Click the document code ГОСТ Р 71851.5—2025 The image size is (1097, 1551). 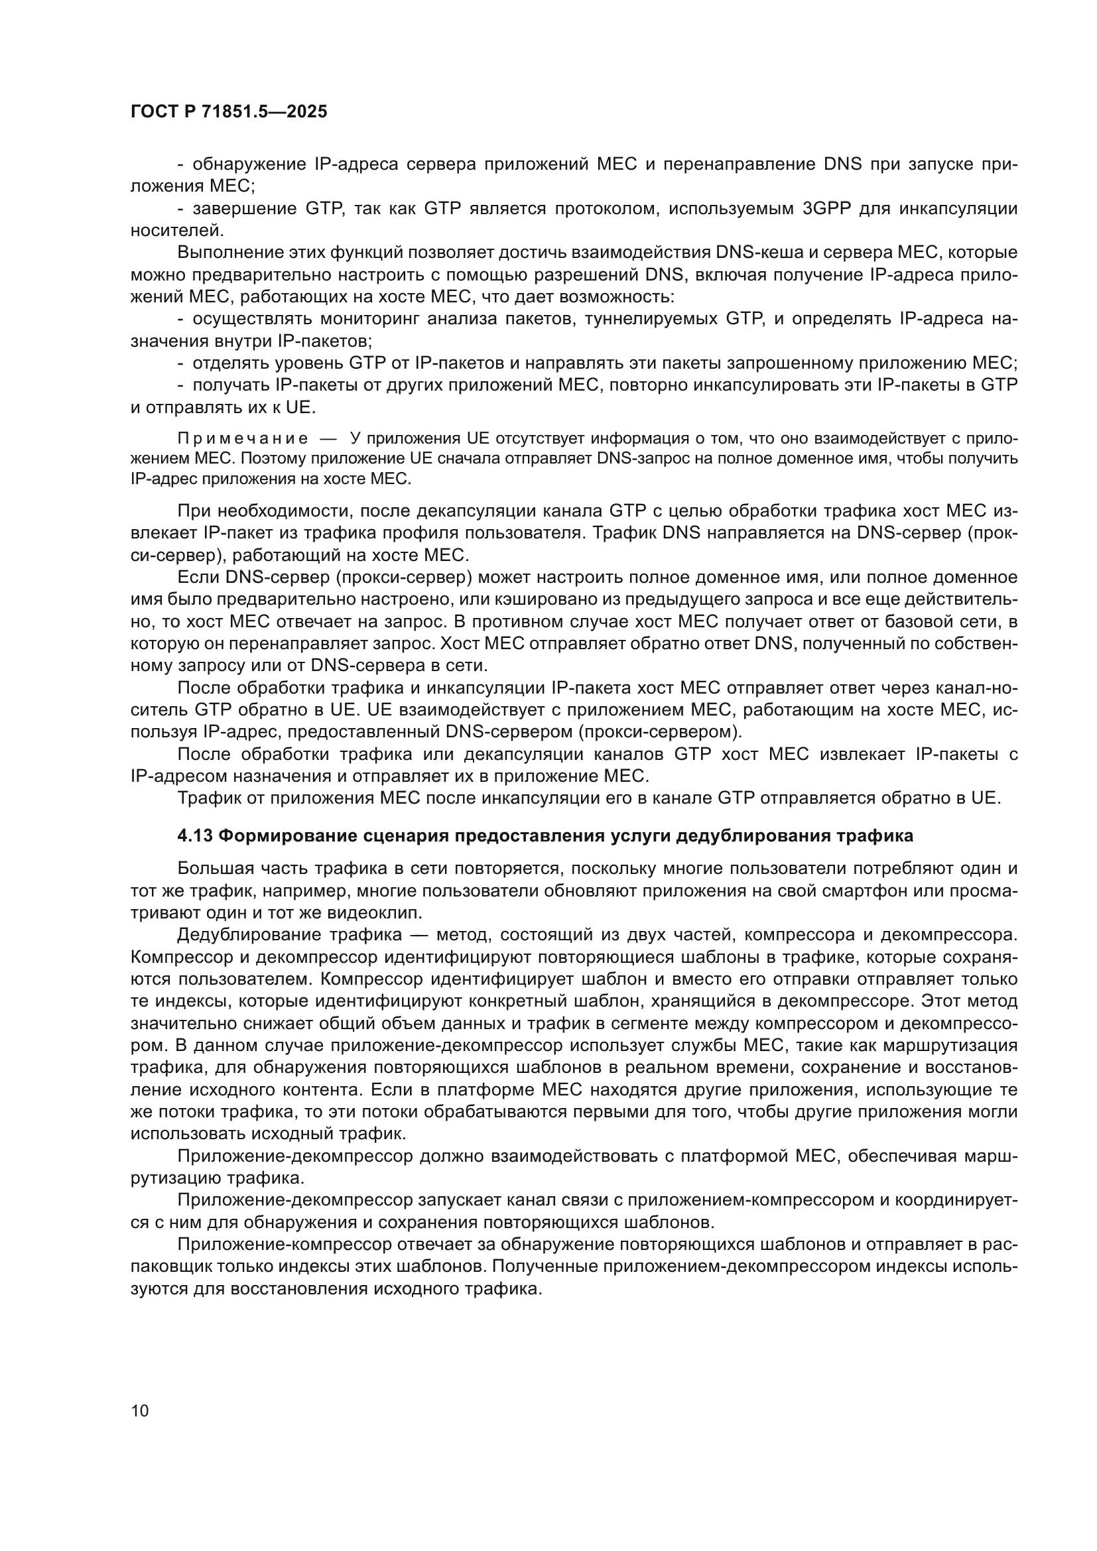[228, 112]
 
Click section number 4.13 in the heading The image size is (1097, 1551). [195, 836]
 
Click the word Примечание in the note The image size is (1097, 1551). [243, 439]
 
